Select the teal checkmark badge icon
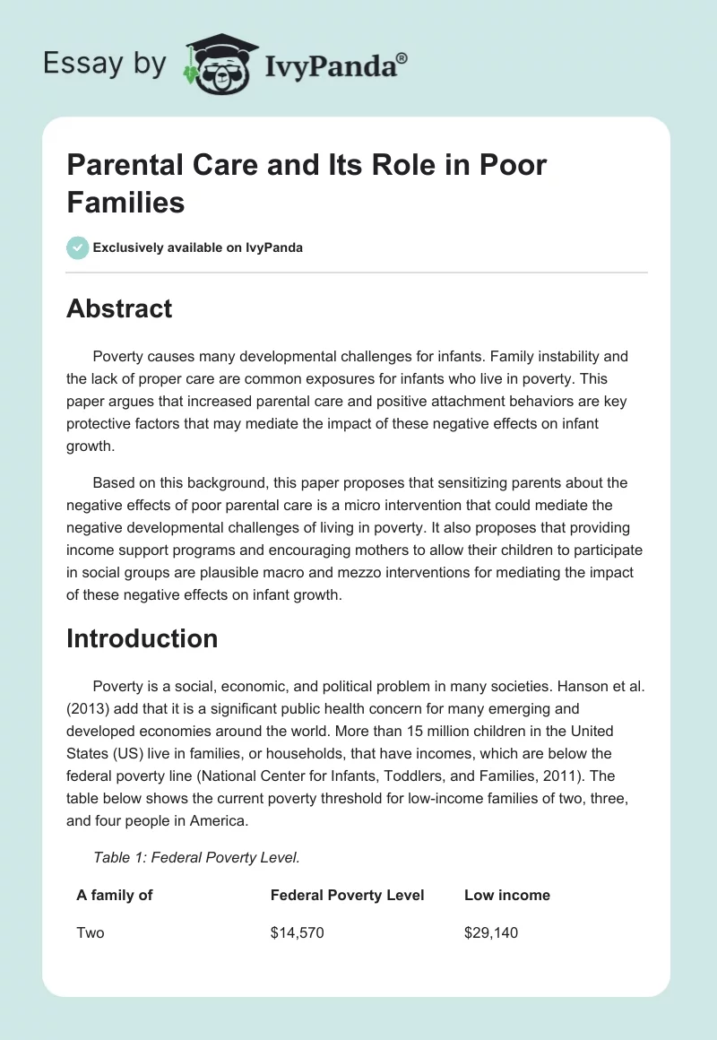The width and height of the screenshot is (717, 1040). coord(78,247)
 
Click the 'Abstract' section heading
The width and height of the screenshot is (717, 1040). coord(119,308)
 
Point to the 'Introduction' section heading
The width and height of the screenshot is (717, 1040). coord(143,638)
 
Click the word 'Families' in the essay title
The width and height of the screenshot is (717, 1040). coord(125,202)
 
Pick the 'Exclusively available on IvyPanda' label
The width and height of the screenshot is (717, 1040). coord(197,247)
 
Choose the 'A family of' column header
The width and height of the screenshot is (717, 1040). coord(114,895)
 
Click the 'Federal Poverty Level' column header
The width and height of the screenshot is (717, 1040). coord(347,895)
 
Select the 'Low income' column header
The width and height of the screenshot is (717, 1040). coord(507,895)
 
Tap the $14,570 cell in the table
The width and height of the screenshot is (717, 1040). coord(297,932)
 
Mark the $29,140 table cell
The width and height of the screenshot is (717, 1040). coord(491,932)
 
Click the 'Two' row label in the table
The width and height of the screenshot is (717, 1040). coord(91,932)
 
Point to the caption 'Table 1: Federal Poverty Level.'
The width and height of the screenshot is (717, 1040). coord(196,857)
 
